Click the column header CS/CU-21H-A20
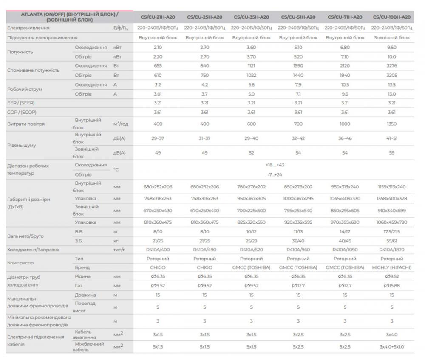tap(158, 17)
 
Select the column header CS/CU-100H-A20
tap(391, 17)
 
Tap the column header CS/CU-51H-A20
tap(298, 17)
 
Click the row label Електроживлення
tap(28, 28)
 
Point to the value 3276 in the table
tap(391, 66)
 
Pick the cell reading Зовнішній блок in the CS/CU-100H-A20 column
tap(391, 38)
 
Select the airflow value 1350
tap(391, 124)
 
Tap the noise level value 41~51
tap(391, 138)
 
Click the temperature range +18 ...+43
tap(275, 165)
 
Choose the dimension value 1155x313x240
tap(391, 186)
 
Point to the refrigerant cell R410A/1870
tap(391, 250)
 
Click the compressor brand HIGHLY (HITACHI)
tap(391, 267)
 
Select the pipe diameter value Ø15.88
tap(391, 286)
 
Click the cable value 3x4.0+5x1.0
tap(391, 346)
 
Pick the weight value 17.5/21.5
tap(391, 231)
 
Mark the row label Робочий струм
tap(25, 90)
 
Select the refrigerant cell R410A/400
tap(158, 250)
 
